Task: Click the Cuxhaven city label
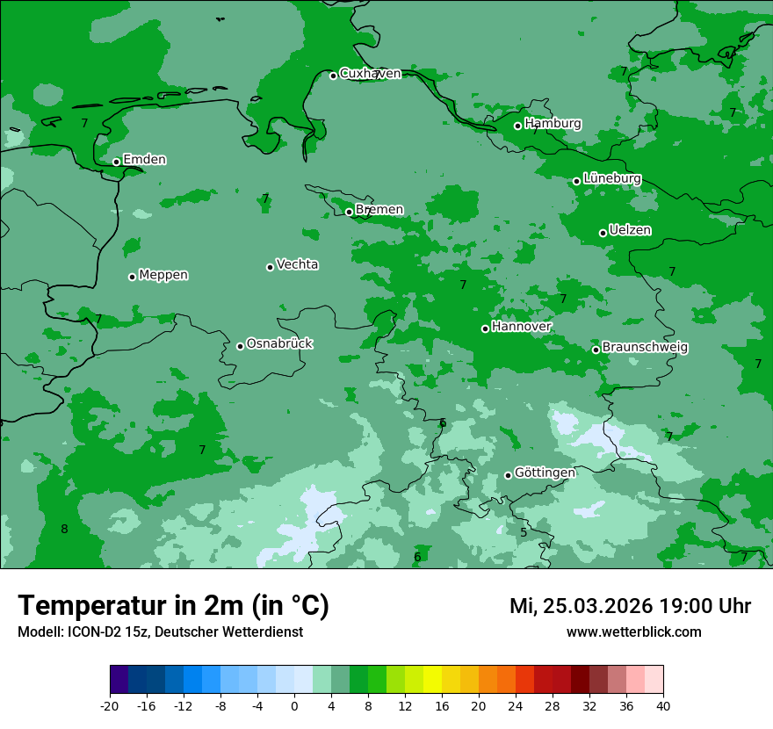pos(370,74)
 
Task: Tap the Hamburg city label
pos(553,124)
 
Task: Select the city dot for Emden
pos(116,162)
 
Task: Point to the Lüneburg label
pos(611,178)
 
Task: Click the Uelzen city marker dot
pos(603,233)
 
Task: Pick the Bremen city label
pos(379,210)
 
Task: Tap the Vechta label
pos(297,264)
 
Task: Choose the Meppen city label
pos(163,275)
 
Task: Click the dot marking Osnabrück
pos(240,346)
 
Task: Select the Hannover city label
pos(521,327)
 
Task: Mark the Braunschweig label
pos(645,348)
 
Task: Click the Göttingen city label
pos(545,473)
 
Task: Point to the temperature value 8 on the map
pos(64,529)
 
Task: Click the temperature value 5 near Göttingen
pos(524,532)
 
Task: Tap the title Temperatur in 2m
pos(173,606)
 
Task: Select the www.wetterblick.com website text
pos(633,632)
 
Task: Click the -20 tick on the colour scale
pos(110,706)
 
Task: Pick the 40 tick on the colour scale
pos(663,706)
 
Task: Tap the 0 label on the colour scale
pos(294,706)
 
